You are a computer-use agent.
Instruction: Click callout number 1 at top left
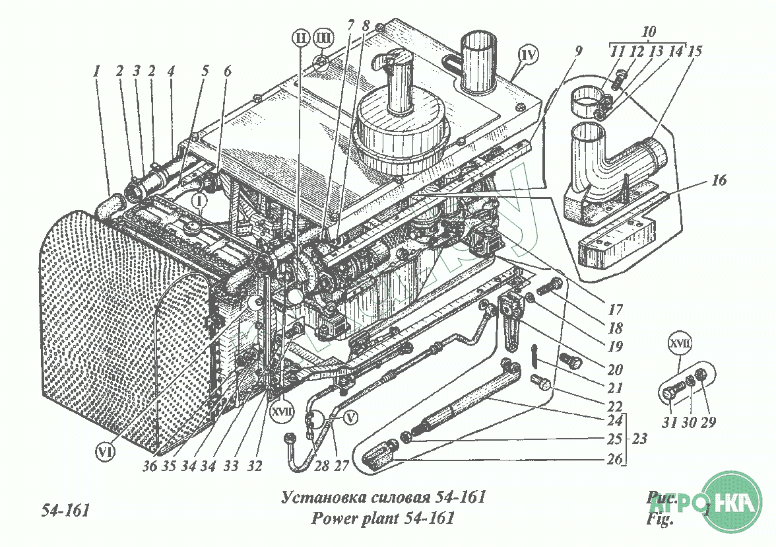click(x=96, y=71)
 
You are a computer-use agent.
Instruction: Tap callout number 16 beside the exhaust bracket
click(x=719, y=180)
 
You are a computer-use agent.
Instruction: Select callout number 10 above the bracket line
click(x=649, y=32)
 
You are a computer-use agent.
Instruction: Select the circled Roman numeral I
click(x=200, y=198)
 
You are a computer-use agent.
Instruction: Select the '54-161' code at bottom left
click(x=65, y=511)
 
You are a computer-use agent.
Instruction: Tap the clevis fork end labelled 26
click(x=379, y=457)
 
